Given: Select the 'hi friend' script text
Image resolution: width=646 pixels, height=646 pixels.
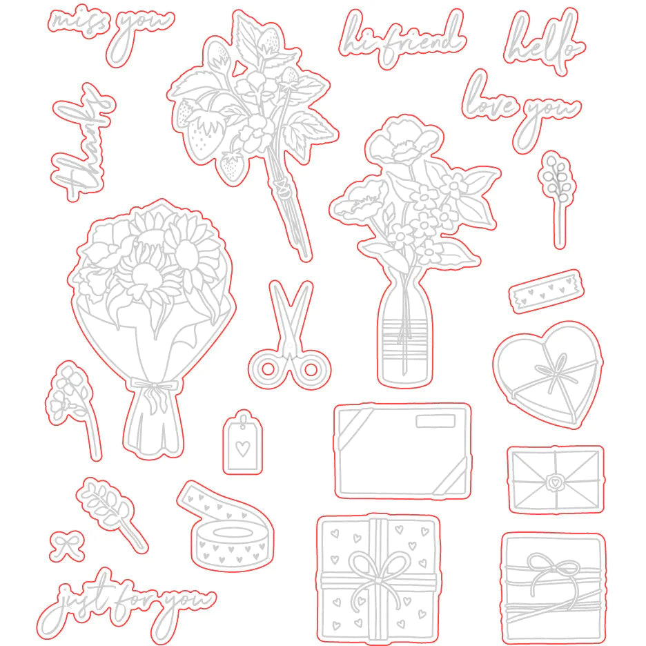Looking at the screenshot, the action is [402, 38].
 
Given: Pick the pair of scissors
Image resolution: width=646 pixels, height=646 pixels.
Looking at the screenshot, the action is [290, 336].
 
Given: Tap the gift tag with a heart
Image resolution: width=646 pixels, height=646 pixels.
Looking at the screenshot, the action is [243, 442].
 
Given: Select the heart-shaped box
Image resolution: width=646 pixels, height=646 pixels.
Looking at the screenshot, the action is [548, 375].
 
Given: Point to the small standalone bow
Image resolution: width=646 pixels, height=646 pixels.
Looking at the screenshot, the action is [67, 547].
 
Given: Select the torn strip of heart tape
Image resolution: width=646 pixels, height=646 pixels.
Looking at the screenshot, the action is [547, 291].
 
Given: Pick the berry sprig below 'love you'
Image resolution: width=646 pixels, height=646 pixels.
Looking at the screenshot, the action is [557, 199].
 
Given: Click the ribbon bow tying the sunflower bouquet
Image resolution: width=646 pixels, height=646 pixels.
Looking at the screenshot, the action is [154, 391].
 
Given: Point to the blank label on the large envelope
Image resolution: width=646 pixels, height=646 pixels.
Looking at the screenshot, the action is [435, 421].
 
